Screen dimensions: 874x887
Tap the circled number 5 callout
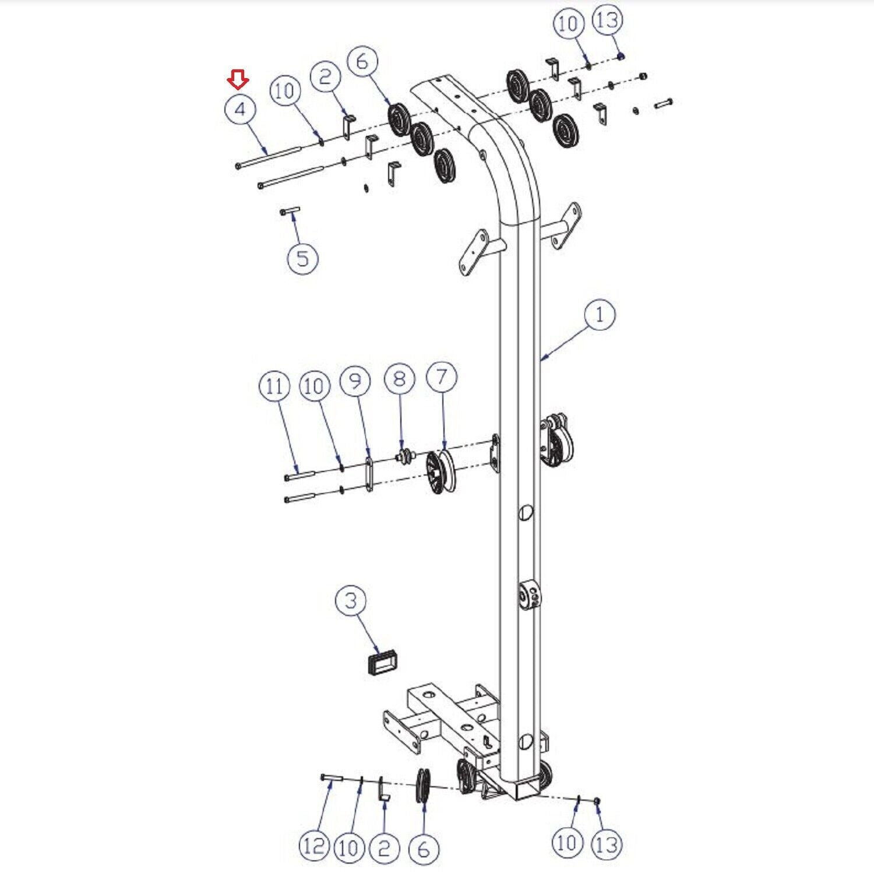303,257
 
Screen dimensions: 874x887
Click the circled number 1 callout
600,315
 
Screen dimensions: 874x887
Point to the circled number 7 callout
442,376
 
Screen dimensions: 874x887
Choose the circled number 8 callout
399,379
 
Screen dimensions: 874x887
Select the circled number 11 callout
274,387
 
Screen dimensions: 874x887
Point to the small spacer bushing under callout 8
405,457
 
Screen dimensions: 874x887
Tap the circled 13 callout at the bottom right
607,844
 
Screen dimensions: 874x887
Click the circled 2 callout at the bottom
383,848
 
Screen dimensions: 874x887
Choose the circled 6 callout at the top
362,61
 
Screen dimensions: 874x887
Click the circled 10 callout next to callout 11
314,386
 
